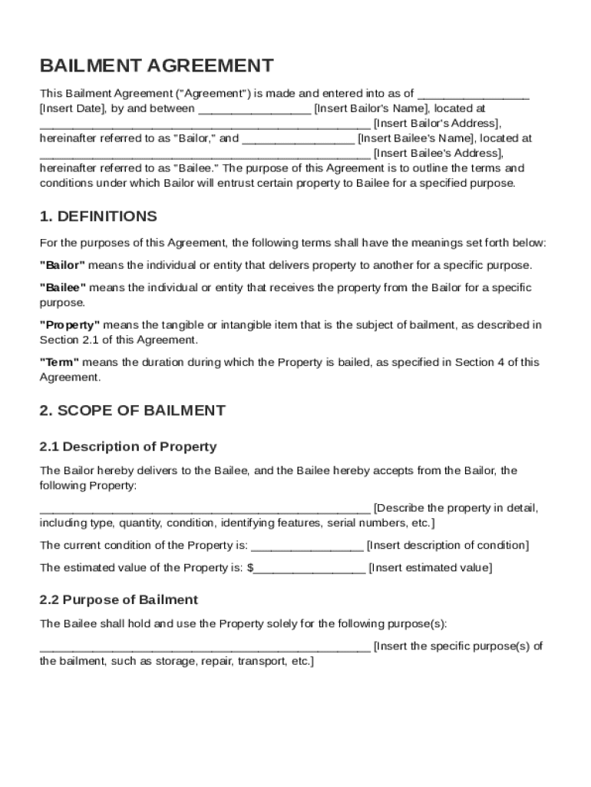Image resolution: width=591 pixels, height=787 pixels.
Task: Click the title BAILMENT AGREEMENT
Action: (x=156, y=65)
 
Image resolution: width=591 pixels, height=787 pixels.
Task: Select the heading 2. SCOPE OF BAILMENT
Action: (x=132, y=410)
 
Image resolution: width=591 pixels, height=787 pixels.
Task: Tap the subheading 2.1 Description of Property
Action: (x=128, y=447)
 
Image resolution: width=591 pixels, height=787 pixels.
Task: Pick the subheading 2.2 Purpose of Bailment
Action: (x=119, y=599)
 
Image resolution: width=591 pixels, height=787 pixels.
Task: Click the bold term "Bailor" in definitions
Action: (x=62, y=265)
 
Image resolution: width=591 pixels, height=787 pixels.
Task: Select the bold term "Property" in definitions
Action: (x=70, y=325)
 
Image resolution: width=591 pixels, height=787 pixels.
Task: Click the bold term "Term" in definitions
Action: (x=59, y=362)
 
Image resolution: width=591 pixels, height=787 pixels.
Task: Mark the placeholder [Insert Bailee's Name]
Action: (x=418, y=139)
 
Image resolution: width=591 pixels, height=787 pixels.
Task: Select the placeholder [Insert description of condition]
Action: (x=447, y=546)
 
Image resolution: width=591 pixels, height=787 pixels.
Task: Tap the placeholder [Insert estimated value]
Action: (x=431, y=568)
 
